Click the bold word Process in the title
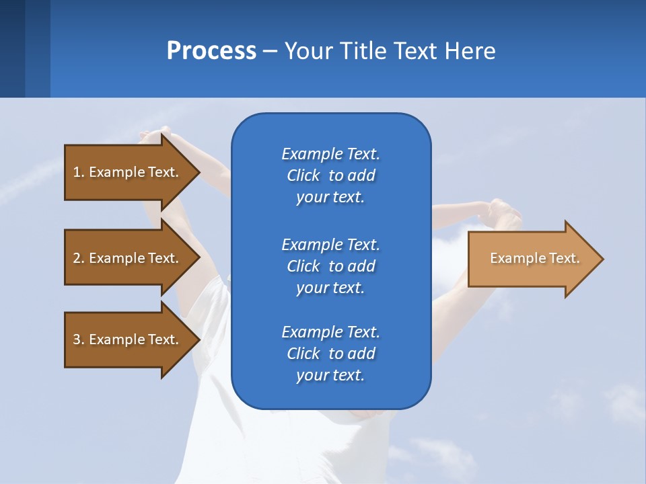211,51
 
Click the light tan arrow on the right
532,259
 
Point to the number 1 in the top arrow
77,172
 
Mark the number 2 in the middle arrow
77,258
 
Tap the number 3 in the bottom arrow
77,339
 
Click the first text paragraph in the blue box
330,175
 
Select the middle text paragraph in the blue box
330,266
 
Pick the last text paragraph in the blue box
330,354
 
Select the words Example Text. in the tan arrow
534,258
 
